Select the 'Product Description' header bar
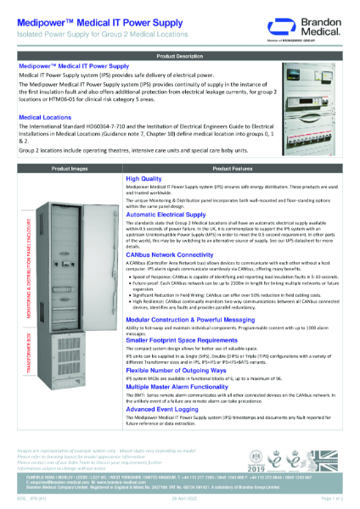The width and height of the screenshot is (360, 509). pyautogui.click(x=179, y=54)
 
